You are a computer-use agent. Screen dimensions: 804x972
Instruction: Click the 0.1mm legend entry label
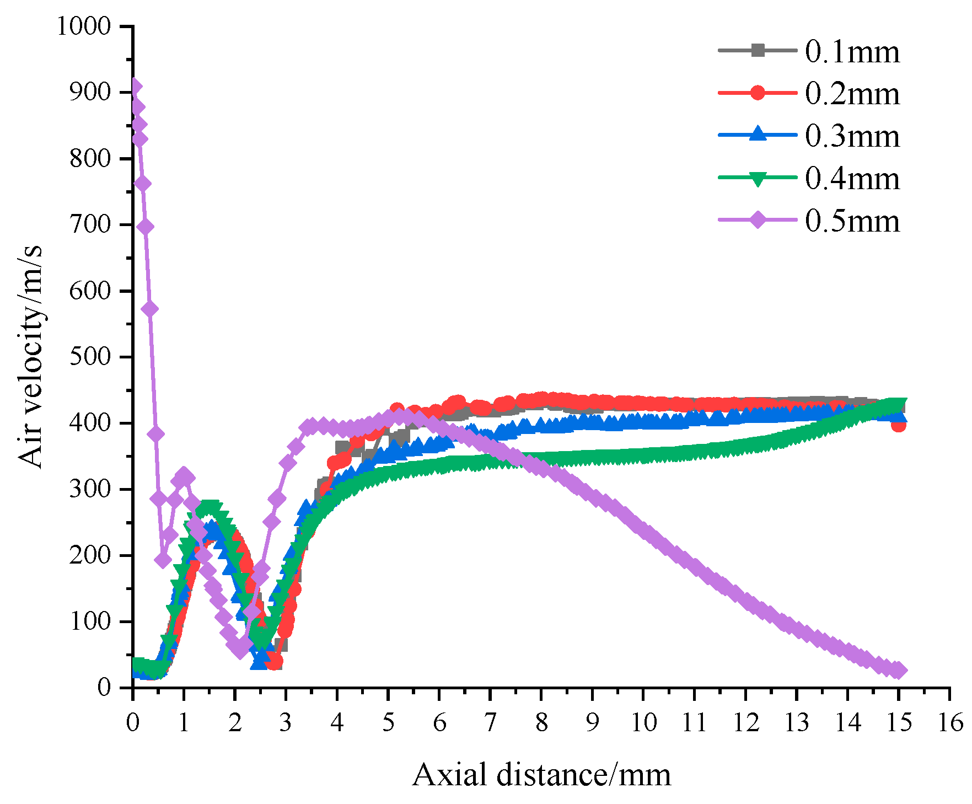coord(852,52)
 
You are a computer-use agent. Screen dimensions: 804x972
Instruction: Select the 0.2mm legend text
coord(852,94)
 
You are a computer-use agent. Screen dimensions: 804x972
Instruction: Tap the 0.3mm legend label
coord(852,136)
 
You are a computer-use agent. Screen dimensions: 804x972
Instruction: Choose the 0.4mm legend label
coord(852,179)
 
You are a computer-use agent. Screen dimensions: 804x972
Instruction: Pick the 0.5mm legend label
coord(852,221)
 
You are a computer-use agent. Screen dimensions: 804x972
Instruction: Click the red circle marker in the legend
coord(758,93)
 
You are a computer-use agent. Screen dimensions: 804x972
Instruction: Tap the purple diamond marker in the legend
coord(758,220)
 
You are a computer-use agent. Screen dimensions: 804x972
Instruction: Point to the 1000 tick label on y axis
coord(84,26)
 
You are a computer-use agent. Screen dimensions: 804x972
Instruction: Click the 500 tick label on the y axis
coord(90,357)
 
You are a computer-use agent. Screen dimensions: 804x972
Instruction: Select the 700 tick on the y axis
coord(90,224)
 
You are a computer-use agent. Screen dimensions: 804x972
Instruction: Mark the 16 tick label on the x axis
coord(950,722)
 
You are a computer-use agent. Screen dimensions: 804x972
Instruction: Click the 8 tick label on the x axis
coord(541,722)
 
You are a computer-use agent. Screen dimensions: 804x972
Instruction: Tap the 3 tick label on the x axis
coord(286,722)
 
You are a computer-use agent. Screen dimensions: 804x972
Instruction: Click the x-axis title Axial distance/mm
coord(541,775)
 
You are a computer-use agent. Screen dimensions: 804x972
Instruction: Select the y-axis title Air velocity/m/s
coord(30,357)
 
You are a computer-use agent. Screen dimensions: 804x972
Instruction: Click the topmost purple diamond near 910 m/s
coord(135,87)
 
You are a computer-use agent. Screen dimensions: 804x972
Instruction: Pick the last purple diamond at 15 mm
coord(899,671)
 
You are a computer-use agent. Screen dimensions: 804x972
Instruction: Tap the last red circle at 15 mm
coord(899,425)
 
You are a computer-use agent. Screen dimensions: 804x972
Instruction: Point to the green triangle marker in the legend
coord(758,179)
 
